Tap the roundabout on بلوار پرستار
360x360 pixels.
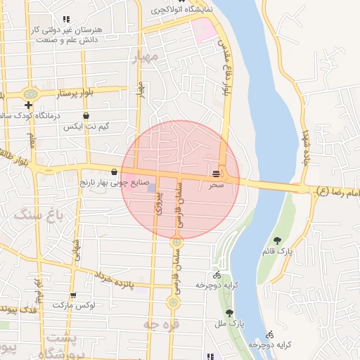click(x=30, y=94)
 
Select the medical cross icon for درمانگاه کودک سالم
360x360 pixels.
click(x=29, y=105)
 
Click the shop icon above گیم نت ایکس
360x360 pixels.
click(x=86, y=116)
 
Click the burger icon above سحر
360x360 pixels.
click(x=217, y=173)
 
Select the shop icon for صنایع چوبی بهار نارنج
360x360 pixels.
click(x=114, y=172)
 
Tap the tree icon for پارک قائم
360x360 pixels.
click(x=277, y=241)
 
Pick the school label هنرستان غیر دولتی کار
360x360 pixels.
click(x=74, y=30)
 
